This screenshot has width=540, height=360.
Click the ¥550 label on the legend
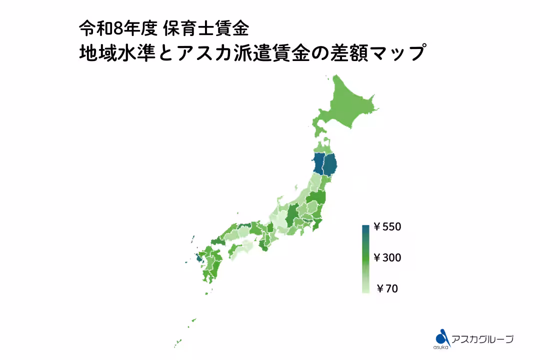[387, 227]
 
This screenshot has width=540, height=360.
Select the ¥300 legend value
[387, 258]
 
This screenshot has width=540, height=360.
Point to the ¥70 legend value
[387, 288]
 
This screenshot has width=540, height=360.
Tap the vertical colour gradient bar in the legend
[365, 258]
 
